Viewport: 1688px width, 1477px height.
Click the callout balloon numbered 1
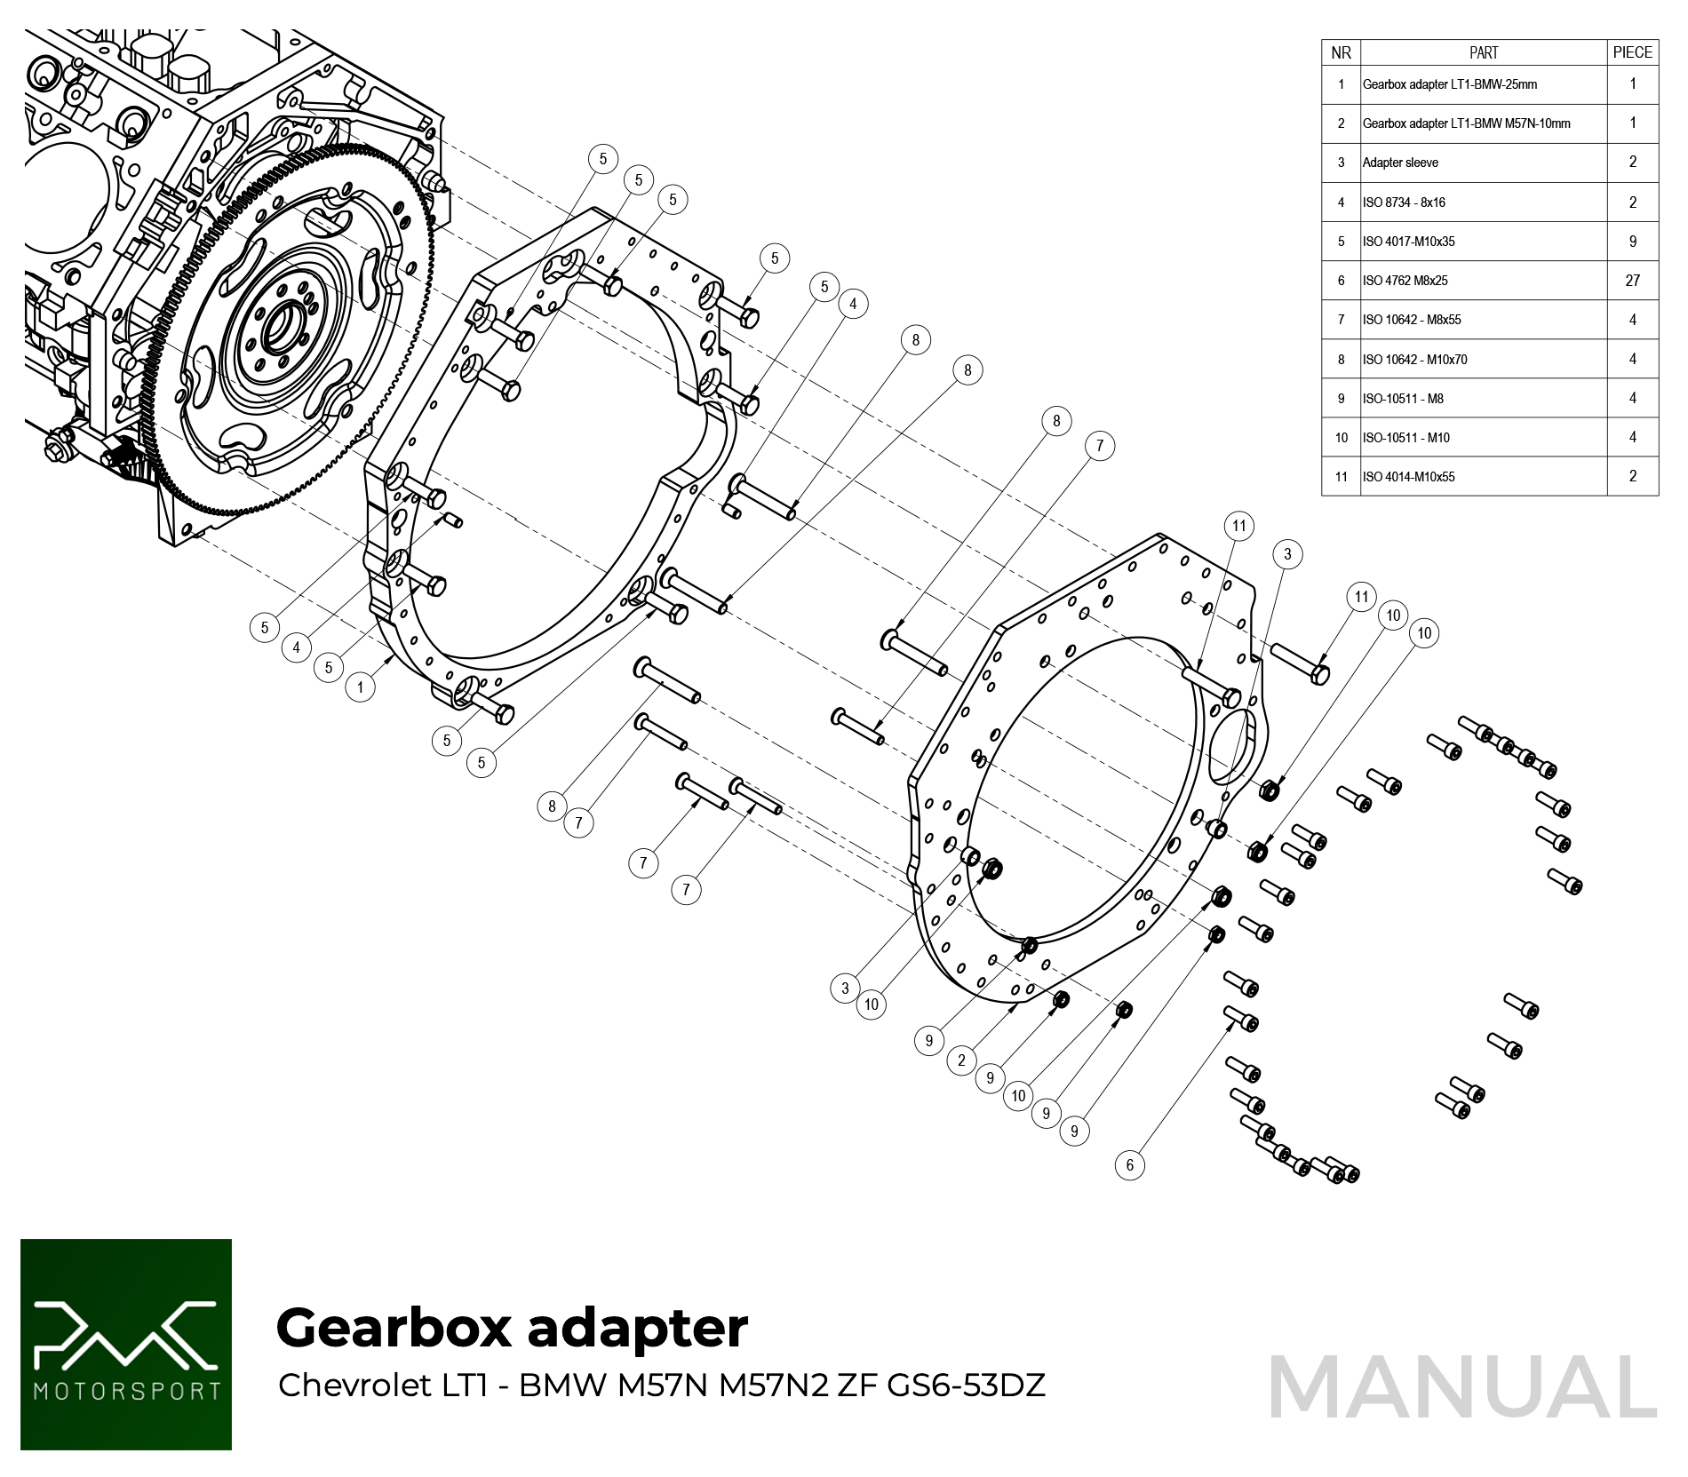coord(360,687)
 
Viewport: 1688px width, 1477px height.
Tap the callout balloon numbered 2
coord(961,1060)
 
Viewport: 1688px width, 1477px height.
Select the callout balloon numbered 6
coord(1129,1165)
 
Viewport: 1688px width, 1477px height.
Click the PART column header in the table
coord(1483,52)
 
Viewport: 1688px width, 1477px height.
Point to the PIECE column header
coord(1632,52)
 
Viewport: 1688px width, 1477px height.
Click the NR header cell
coord(1341,52)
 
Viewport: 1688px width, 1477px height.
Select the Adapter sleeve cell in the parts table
coord(1400,163)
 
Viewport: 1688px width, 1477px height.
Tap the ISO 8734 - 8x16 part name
coord(1404,202)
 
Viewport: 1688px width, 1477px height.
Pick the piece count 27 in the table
coord(1632,281)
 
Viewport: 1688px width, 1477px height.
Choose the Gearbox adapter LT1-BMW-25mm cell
coord(1449,84)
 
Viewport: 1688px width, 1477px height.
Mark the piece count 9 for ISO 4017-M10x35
coord(1632,242)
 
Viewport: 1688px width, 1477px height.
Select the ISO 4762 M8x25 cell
coord(1405,281)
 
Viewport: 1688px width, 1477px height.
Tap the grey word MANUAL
coord(1462,1388)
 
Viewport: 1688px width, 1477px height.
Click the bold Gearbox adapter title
coord(512,1328)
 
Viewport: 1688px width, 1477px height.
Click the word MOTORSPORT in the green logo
coord(126,1391)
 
